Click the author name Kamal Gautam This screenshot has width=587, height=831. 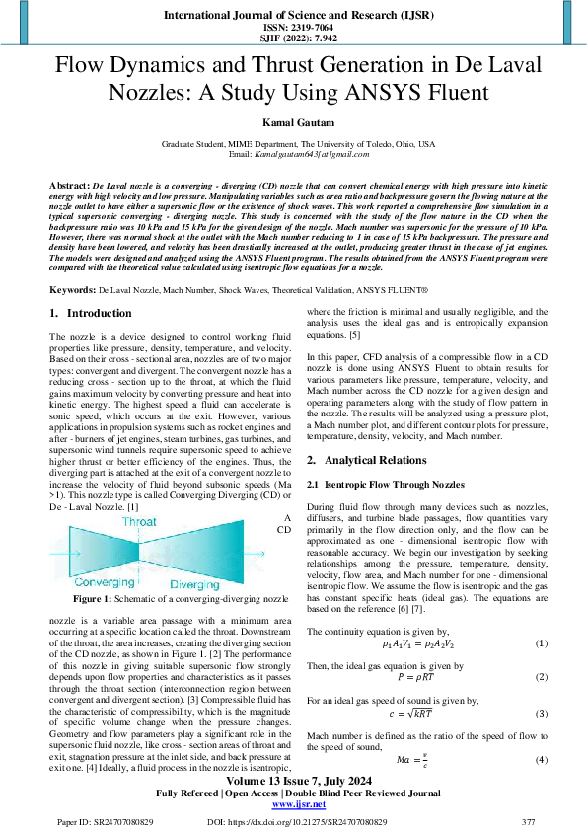pos(293,121)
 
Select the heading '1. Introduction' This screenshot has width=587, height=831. pos(91,313)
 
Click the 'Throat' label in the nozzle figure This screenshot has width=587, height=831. pos(139,522)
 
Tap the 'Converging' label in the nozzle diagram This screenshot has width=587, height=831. pos(89,583)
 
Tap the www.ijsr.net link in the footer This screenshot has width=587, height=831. pos(293,805)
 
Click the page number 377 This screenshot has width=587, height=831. pos(528,821)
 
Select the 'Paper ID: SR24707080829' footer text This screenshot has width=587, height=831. pos(99,821)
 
